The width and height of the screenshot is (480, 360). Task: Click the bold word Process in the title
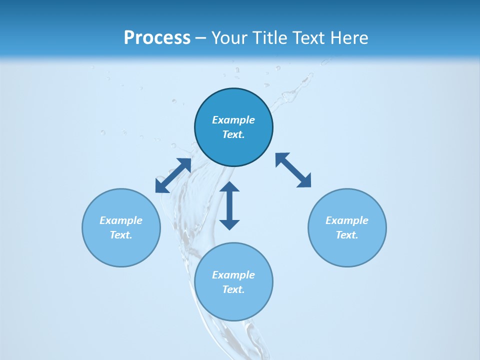point(157,37)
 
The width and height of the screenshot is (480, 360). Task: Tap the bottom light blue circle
point(233,305)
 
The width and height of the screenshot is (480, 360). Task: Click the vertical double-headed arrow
point(229,205)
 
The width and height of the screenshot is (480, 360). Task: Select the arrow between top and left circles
point(173,175)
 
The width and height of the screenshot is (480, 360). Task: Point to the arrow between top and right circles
point(293,170)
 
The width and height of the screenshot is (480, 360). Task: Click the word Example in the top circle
point(233,120)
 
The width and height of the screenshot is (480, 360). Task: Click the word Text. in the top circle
point(233,134)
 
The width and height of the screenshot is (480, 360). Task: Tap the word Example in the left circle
point(121,220)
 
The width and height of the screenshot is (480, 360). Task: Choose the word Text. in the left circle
point(121,235)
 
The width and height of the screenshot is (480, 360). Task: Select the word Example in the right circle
point(347,220)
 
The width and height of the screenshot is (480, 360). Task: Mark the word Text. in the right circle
point(347,235)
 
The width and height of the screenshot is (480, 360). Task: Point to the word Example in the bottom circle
point(233,275)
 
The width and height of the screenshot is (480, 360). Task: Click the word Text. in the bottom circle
point(233,289)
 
